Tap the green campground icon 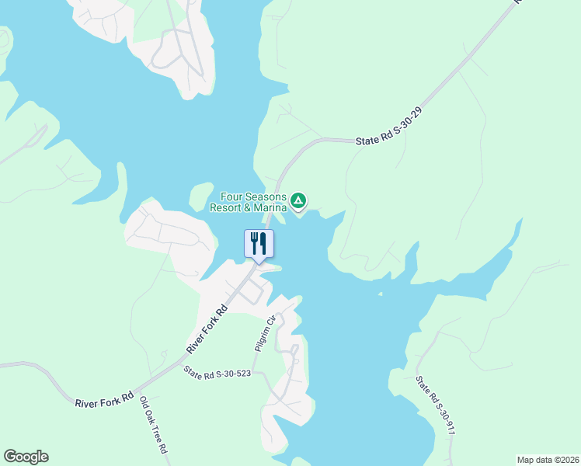point(297,202)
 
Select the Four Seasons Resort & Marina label point(254,202)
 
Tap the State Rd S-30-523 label point(218,374)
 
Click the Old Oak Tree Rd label point(153,426)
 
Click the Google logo point(26,457)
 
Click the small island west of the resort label point(200,194)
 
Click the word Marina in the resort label point(267,207)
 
